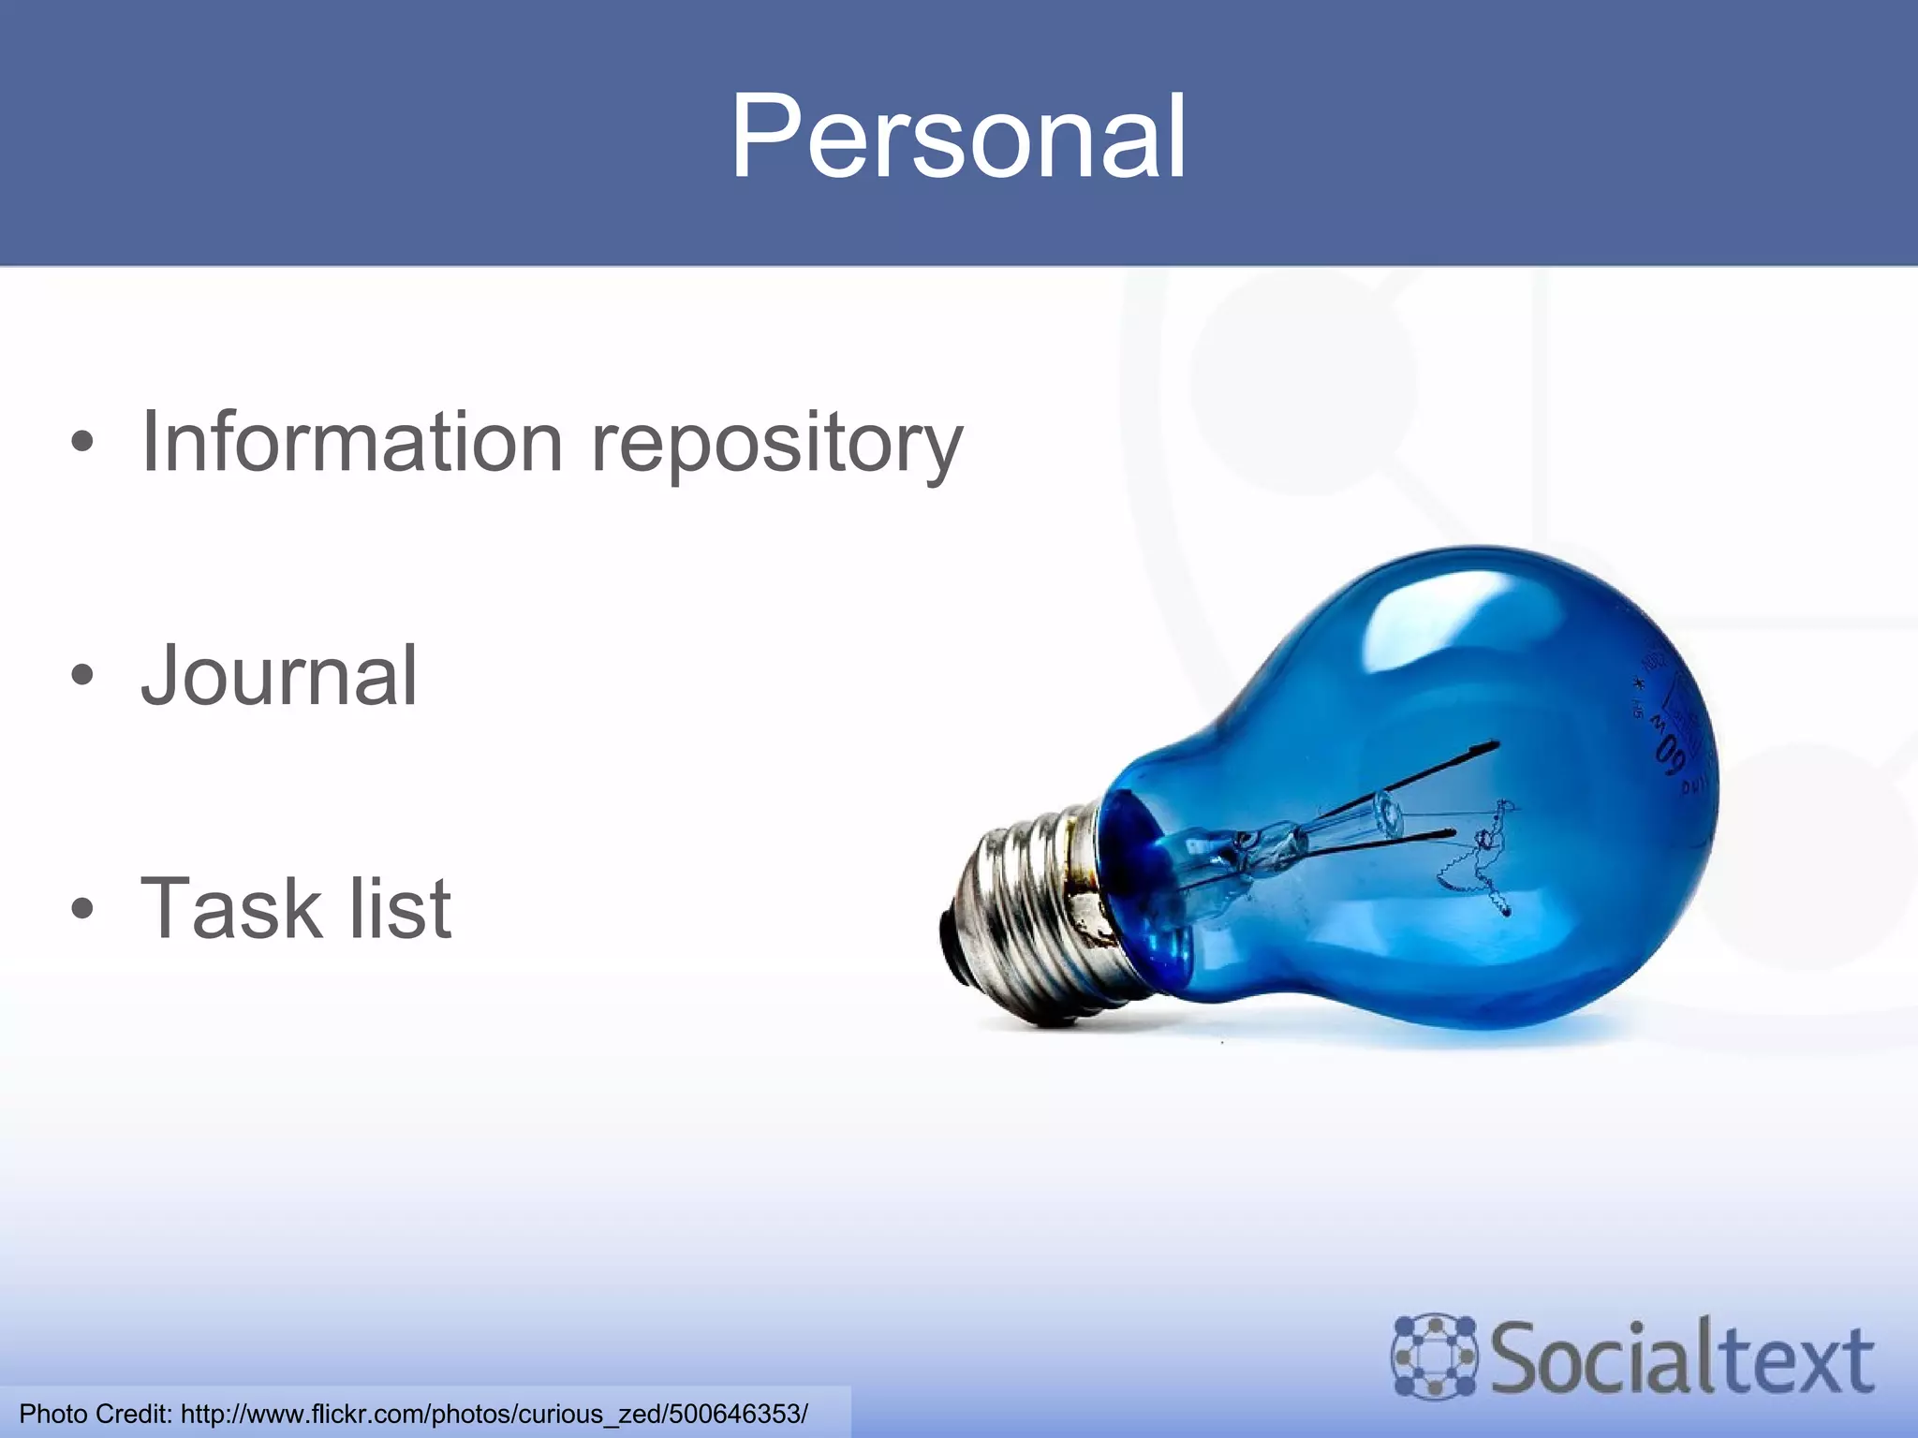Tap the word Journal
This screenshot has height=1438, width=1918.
point(279,676)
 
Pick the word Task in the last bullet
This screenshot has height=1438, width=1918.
point(229,908)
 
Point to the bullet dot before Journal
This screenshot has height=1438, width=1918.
point(82,675)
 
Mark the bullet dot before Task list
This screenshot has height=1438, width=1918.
point(82,908)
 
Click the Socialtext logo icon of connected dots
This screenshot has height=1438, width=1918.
point(1433,1356)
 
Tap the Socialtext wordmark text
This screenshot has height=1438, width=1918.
point(1682,1357)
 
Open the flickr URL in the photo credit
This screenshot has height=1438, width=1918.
point(494,1414)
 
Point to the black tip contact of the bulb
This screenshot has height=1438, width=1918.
point(952,946)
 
